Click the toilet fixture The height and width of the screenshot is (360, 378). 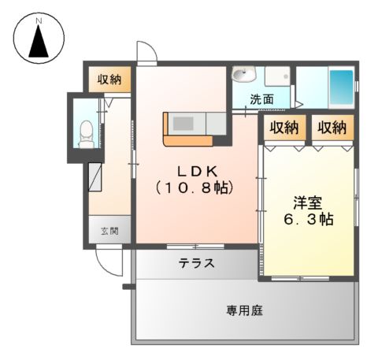coord(87,131)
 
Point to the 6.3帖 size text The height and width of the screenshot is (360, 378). coord(307,219)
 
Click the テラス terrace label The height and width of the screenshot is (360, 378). coord(196,263)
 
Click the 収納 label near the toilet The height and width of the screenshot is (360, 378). coord(109,79)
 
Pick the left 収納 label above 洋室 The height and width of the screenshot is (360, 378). coord(283,127)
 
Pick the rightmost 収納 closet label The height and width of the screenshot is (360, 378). coord(332,127)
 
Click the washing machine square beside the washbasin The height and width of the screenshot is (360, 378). coord(276,77)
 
